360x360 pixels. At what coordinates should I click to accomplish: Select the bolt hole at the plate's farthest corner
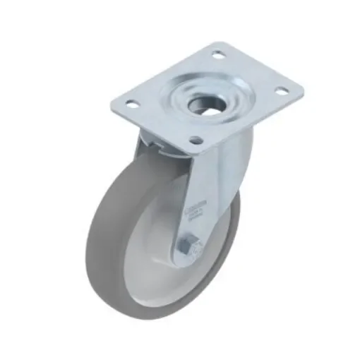[218, 54]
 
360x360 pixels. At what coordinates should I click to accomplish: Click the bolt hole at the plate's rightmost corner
[281, 90]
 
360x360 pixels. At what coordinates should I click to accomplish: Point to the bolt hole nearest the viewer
[195, 140]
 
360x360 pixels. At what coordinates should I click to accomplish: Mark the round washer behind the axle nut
[194, 248]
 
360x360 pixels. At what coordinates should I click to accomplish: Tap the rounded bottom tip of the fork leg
[182, 263]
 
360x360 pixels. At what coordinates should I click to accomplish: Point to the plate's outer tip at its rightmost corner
[303, 90]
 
